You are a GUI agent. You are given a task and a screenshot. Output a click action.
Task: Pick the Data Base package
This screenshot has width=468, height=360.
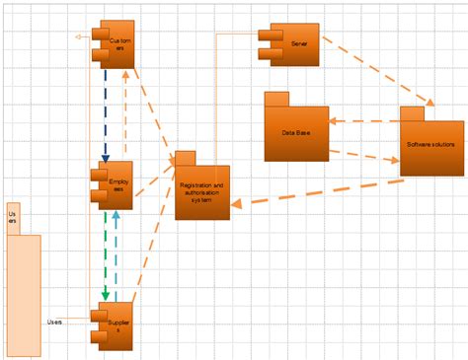(296, 133)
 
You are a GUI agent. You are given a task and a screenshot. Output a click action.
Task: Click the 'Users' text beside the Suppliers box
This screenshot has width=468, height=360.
(55, 322)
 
